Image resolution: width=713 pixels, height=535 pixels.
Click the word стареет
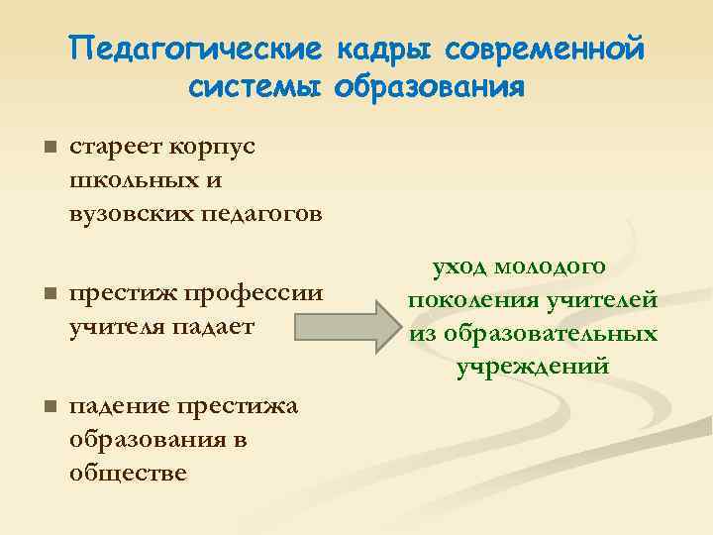pos(112,148)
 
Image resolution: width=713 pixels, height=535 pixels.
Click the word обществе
pos(129,472)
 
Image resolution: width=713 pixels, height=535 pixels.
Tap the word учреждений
pos(533,367)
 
